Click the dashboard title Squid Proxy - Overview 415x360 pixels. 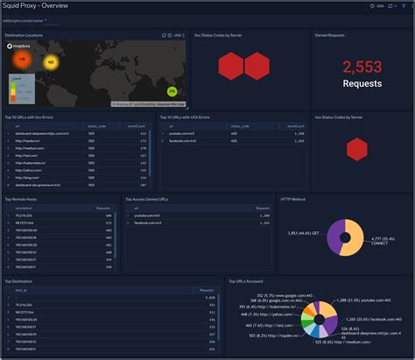tap(39, 6)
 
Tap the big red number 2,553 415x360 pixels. tap(362, 67)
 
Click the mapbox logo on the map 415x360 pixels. tap(22, 45)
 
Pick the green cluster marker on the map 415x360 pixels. tap(172, 91)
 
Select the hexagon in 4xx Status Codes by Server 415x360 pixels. tap(356, 150)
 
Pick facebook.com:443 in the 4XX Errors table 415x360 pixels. tap(185, 140)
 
